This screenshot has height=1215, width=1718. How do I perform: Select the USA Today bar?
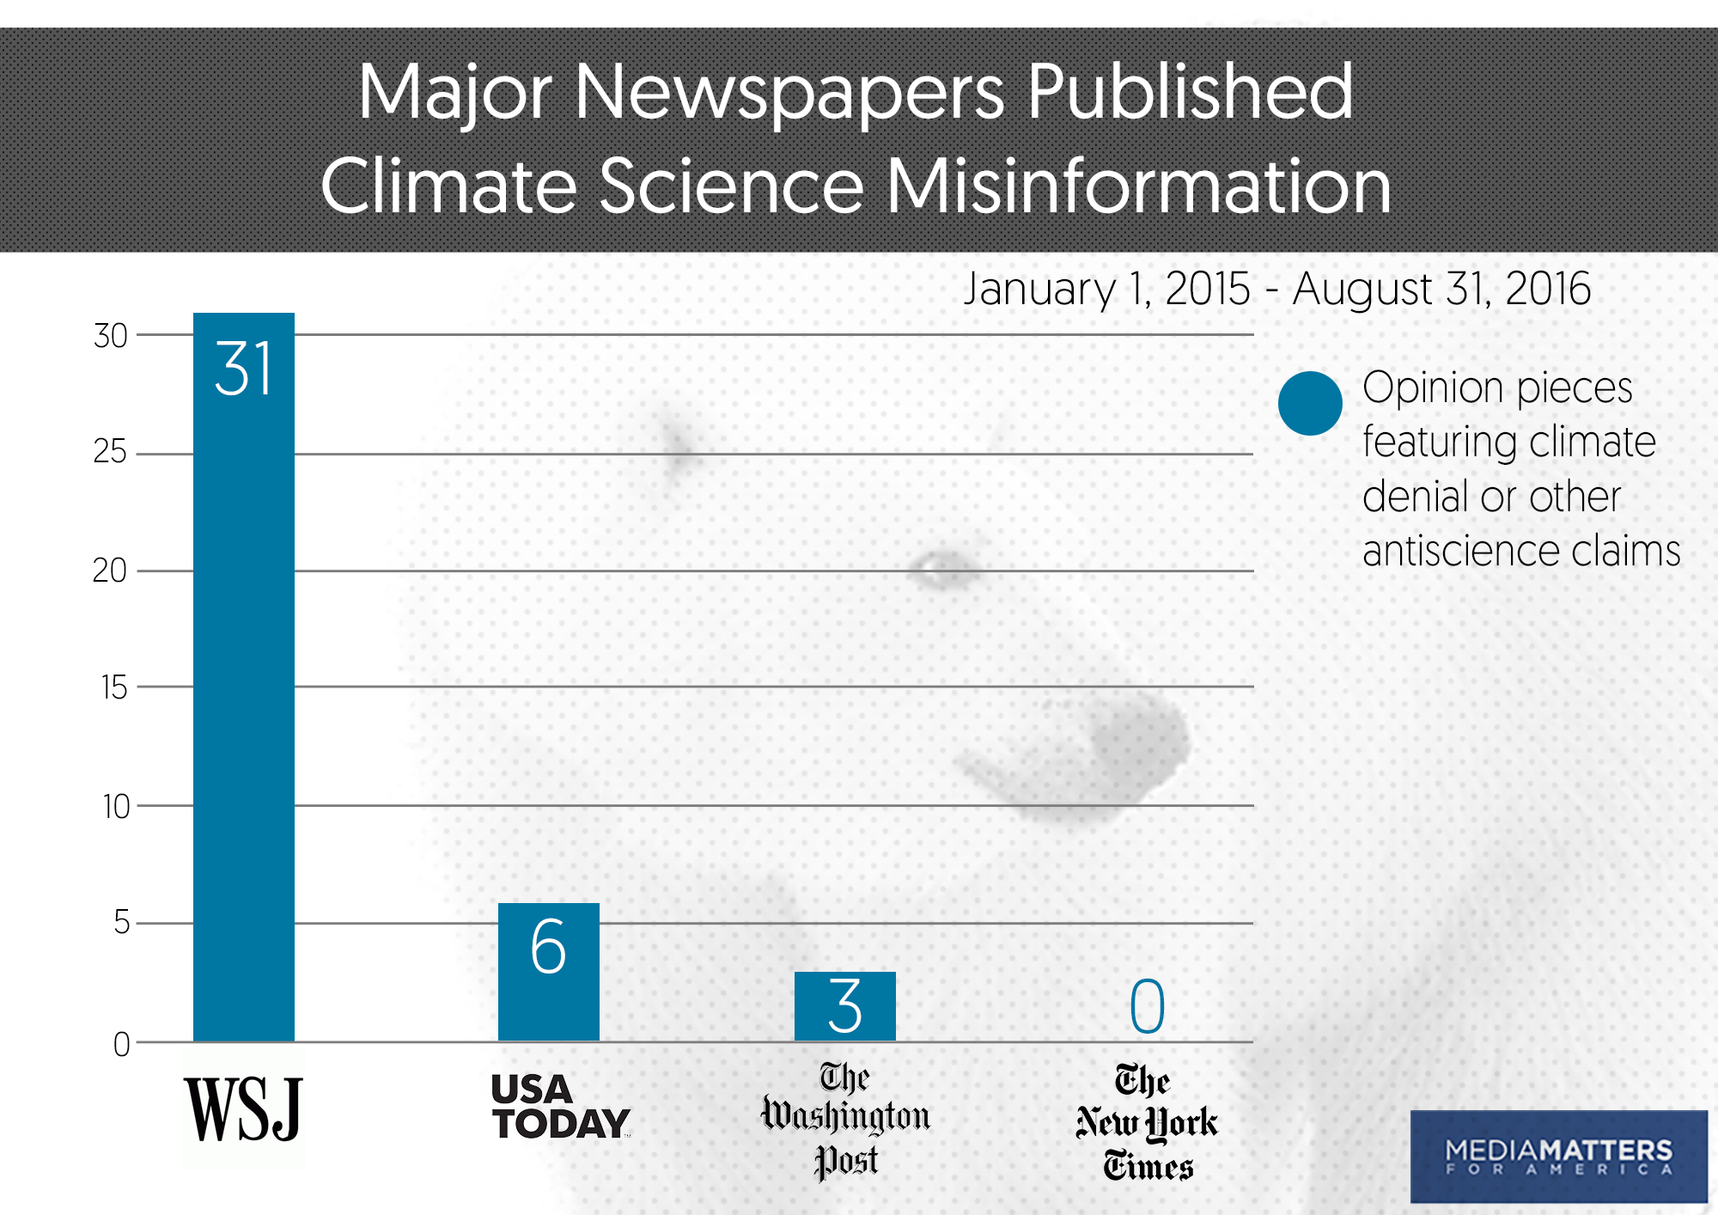point(548,972)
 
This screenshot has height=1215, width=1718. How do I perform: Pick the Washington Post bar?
point(844,1006)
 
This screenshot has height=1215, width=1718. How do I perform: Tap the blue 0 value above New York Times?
point(1147,1006)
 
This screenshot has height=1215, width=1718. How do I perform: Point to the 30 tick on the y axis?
point(111,336)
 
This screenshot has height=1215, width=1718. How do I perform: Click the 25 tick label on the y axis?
point(110,452)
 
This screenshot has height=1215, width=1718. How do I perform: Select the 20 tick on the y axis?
point(110,571)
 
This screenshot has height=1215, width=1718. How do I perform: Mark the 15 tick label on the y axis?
point(113,687)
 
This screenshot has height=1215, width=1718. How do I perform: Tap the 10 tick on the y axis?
point(116,807)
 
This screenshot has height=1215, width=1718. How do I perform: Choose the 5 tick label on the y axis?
point(121,923)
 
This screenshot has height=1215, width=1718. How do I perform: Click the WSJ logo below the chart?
point(243,1109)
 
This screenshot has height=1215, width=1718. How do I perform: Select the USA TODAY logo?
point(560,1108)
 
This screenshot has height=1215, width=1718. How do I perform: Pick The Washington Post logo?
point(845,1120)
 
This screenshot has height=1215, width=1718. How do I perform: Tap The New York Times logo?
point(1147,1122)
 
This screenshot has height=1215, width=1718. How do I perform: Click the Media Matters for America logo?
point(1558,1157)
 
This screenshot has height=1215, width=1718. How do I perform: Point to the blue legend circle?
point(1310,403)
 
